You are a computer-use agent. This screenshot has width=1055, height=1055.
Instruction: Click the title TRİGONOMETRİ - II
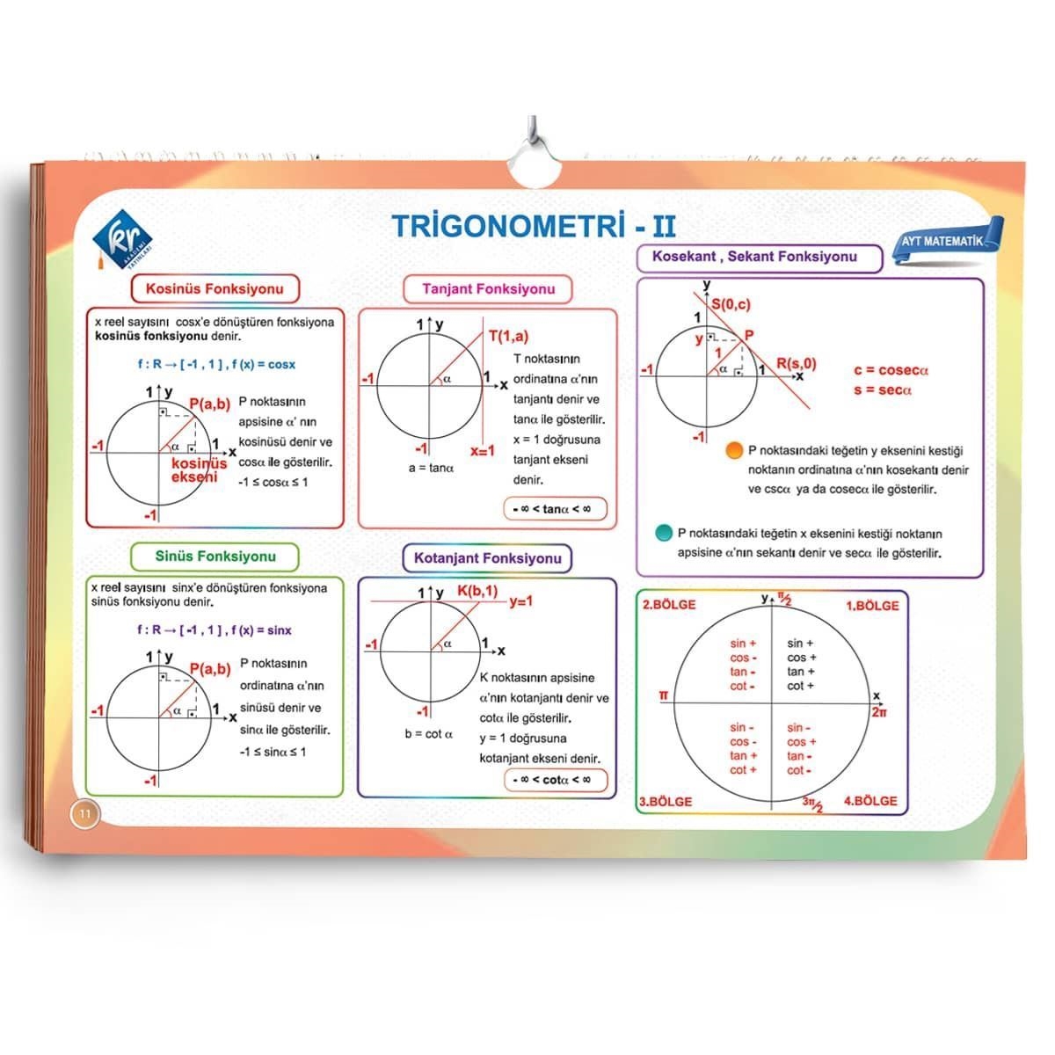pos(535,226)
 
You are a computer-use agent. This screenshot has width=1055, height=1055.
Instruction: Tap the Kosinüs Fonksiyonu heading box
pos(215,288)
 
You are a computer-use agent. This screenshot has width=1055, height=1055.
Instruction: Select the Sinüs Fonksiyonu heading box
pos(215,557)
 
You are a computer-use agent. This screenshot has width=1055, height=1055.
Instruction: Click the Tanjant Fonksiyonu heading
pos(488,289)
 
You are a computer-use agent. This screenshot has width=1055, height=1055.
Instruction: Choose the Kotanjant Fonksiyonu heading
pos(487,558)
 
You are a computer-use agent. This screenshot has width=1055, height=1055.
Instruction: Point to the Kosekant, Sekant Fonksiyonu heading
pos(760,258)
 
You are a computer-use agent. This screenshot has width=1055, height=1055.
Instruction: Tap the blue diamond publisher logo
pos(122,239)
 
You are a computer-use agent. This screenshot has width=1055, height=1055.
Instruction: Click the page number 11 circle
pos(85,813)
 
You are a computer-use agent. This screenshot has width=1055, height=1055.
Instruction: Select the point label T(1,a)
pos(509,336)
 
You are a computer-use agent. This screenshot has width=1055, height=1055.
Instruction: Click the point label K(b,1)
pos(477,591)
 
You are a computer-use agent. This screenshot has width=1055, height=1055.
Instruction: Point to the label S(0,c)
pos(731,304)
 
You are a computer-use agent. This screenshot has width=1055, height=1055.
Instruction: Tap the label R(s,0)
pos(797,364)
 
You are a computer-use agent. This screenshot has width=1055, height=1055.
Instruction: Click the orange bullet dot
pos(734,450)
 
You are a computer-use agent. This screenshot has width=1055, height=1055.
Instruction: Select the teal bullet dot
pos(664,533)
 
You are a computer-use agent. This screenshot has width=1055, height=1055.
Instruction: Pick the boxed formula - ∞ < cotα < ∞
pos(556,780)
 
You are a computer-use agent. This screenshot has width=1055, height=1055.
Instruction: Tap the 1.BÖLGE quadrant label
pos(873,606)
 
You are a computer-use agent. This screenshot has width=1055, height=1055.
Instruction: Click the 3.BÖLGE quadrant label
pos(666,802)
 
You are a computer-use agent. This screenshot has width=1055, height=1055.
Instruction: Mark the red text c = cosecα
pos(891,371)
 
